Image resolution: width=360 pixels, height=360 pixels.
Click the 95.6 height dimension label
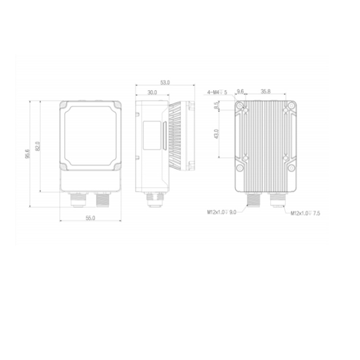(27, 154)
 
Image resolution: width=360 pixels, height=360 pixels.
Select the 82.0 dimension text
(38, 146)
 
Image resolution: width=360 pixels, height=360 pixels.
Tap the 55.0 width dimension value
(90, 218)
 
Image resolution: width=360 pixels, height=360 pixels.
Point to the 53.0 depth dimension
(165, 83)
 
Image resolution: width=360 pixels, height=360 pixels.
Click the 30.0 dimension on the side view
(152, 92)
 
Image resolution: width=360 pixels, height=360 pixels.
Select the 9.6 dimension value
(240, 92)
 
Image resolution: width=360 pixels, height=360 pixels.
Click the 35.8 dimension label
(265, 91)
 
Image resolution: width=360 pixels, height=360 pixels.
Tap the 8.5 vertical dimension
(216, 106)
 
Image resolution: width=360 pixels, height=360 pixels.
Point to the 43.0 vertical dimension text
(216, 134)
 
